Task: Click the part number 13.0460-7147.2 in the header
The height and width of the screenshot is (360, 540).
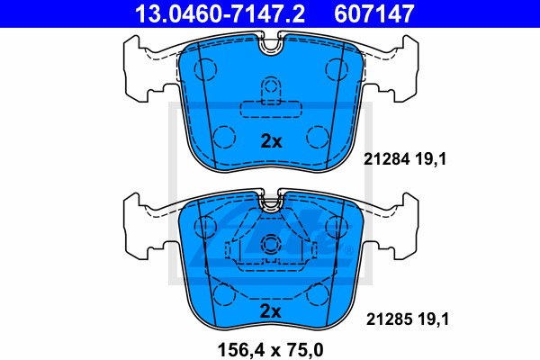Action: [220, 13]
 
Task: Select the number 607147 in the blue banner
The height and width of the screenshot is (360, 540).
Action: [374, 13]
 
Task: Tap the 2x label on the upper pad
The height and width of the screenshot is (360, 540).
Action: [271, 141]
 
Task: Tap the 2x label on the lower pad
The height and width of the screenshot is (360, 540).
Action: [270, 311]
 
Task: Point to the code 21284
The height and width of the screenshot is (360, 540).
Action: [387, 159]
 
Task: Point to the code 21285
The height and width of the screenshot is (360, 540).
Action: [389, 319]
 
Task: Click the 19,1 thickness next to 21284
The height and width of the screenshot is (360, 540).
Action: [430, 159]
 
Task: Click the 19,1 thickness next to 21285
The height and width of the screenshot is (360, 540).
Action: [433, 319]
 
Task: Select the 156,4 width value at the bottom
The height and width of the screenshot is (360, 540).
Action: [240, 350]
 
